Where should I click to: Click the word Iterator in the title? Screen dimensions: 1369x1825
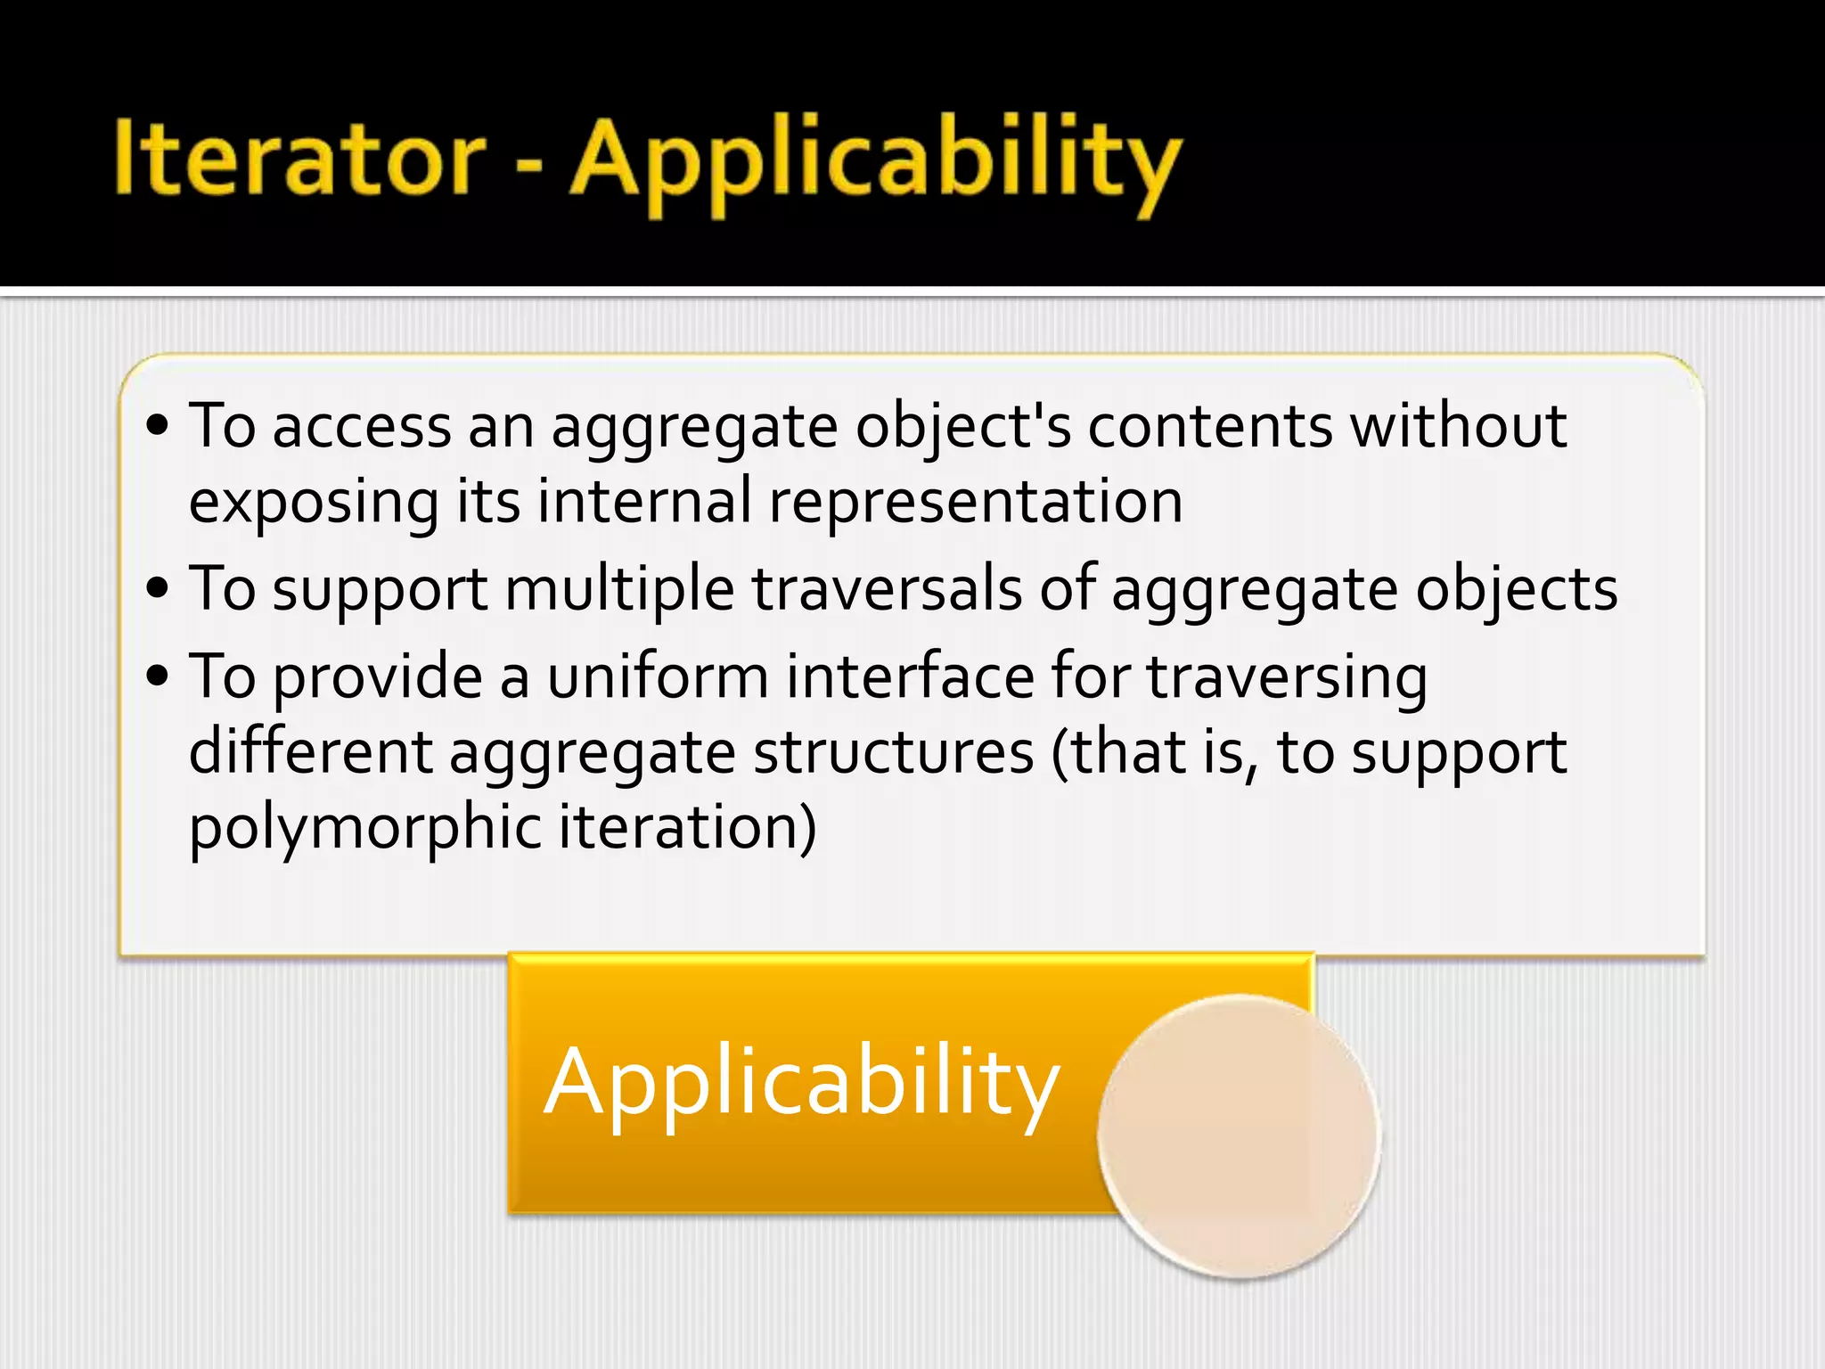(x=299, y=159)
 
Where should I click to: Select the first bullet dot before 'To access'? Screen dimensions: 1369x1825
(x=158, y=426)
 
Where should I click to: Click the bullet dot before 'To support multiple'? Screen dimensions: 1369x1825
(x=158, y=588)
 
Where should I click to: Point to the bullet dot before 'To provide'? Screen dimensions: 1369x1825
(x=158, y=676)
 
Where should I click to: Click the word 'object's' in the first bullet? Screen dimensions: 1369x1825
(x=963, y=428)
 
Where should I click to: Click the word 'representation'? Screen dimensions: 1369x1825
(x=976, y=502)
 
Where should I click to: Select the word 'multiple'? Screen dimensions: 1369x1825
(x=619, y=590)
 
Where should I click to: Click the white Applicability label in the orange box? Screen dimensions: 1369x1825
(x=801, y=1083)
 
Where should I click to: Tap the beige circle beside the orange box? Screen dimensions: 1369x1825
(x=1239, y=1136)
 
